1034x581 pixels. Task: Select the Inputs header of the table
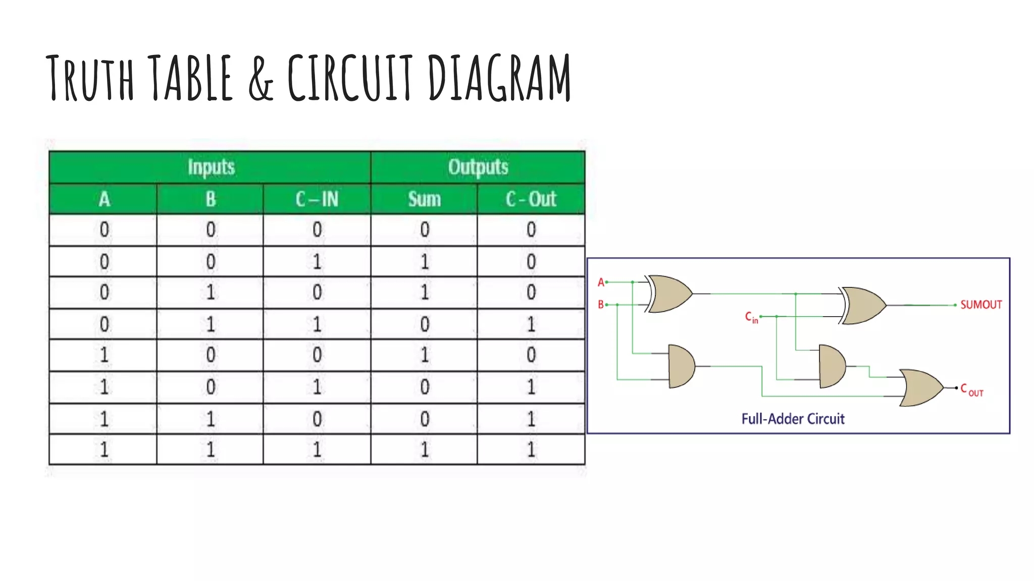point(211,167)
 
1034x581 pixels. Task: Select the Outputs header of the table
point(478,167)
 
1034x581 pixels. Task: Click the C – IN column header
point(317,199)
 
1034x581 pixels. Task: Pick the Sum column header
point(424,199)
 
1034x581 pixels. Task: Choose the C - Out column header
point(531,199)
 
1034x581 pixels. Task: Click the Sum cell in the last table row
point(424,449)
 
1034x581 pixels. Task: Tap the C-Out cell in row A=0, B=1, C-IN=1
point(531,324)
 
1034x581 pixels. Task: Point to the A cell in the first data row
point(104,230)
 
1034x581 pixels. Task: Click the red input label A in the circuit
point(601,282)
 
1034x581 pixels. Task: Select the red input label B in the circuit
point(601,305)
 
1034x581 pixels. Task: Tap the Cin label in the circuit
point(751,317)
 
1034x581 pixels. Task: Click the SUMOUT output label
point(980,305)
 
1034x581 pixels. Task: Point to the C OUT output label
point(971,390)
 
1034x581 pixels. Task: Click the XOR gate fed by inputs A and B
point(670,294)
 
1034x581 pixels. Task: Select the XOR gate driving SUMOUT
point(863,306)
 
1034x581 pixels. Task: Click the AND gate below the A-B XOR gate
point(681,367)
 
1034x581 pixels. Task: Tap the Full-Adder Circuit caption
point(793,419)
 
